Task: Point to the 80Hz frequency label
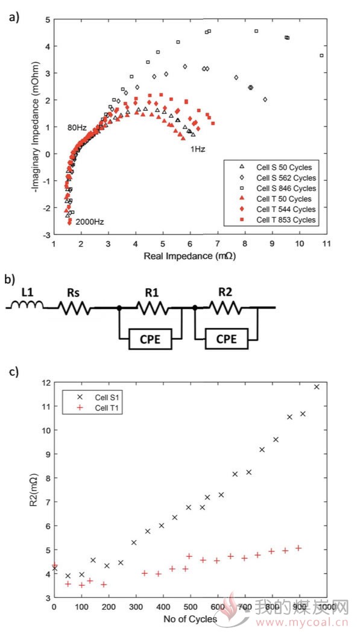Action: [77, 128]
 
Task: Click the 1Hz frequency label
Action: [198, 149]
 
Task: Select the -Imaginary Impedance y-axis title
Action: [37, 127]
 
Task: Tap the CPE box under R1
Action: [150, 339]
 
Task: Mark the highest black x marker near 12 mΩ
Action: [317, 387]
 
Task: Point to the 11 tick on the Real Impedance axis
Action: [326, 244]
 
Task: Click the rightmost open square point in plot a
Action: [321, 55]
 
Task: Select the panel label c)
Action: [14, 372]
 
